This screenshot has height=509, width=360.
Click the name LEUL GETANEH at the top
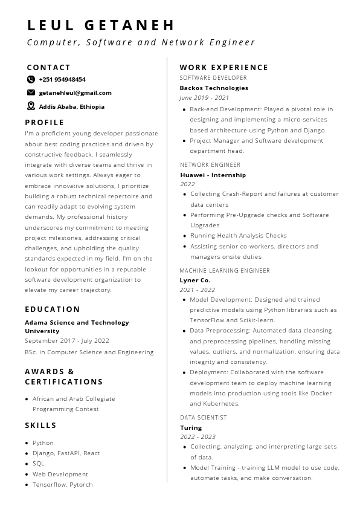pyautogui.click(x=101, y=25)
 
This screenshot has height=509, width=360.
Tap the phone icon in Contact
pyautogui.click(x=31, y=79)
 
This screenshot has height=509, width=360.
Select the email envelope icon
pyautogui.click(x=31, y=92)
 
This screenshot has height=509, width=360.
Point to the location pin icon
pyautogui.click(x=31, y=106)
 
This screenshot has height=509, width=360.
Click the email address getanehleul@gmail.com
pyautogui.click(x=75, y=92)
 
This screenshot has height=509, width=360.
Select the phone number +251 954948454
pyautogui.click(x=62, y=79)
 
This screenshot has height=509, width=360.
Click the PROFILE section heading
pyautogui.click(x=45, y=122)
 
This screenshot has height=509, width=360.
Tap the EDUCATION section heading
pyautogui.click(x=53, y=310)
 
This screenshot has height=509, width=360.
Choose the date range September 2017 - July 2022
pyautogui.click(x=67, y=340)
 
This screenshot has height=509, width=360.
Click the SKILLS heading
pyautogui.click(x=40, y=426)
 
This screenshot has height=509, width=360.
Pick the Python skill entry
pyautogui.click(x=43, y=443)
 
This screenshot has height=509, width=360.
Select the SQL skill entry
pyautogui.click(x=39, y=464)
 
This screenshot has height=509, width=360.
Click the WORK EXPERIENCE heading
pyautogui.click(x=223, y=68)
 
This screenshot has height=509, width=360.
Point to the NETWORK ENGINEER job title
pyautogui.click(x=210, y=164)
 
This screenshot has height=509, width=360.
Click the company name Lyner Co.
pyautogui.click(x=195, y=280)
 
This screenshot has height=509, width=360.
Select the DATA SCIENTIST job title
pyautogui.click(x=204, y=418)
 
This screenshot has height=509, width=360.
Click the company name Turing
pyautogui.click(x=191, y=427)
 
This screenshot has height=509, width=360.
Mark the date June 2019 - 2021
pyautogui.click(x=204, y=97)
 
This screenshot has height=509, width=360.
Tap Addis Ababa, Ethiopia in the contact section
pyautogui.click(x=71, y=106)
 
